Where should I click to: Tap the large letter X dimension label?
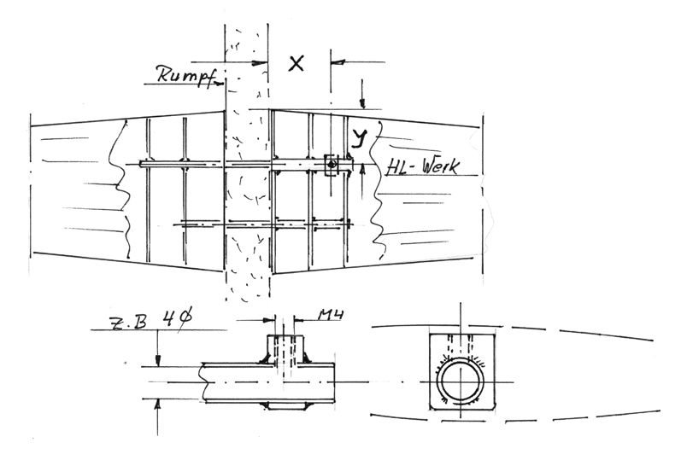pos(296,64)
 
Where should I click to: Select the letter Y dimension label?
pos(359,138)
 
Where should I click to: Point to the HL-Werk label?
pos(422,167)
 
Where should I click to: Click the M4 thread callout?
pos(331,314)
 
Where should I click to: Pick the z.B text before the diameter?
pos(128,323)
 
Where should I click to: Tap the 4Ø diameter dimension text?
pos(177,318)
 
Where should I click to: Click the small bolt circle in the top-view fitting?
pos(332,165)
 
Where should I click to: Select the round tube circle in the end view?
pos(461,359)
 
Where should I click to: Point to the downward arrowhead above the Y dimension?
pos(363,104)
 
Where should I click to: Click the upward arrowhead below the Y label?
pos(363,171)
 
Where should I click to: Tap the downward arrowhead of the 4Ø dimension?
pos(158,360)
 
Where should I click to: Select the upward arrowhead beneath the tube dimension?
pos(158,405)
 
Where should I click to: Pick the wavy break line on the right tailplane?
pos(375,191)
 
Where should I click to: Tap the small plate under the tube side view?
pos(285,405)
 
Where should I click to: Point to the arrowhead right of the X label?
pos(338,62)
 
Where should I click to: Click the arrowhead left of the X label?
pos(261,62)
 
